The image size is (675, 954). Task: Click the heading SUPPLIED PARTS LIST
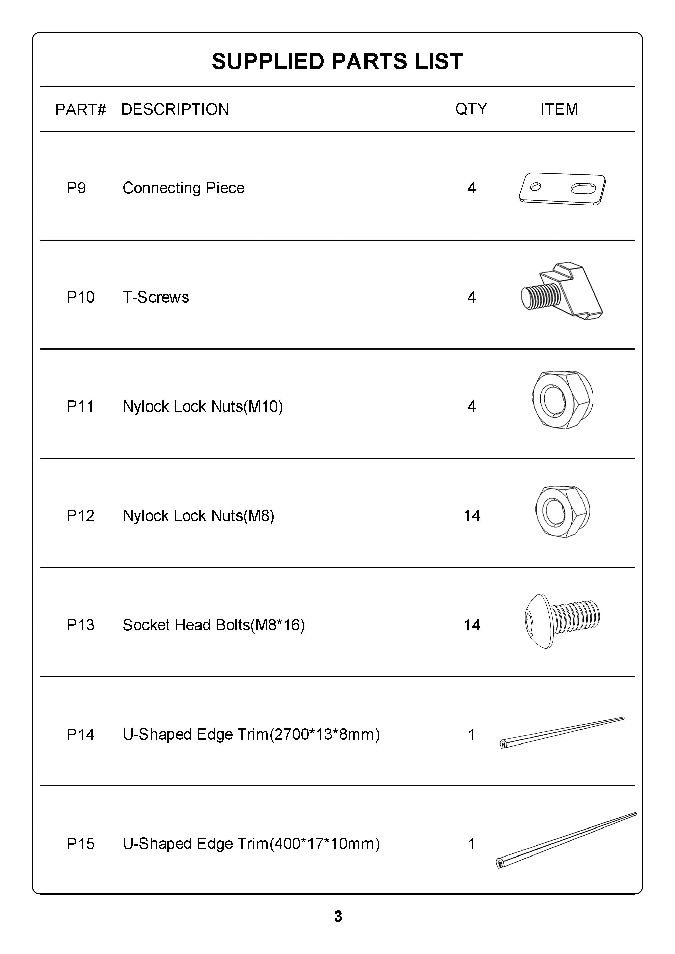point(337,61)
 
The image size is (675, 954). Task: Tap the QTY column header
point(471,109)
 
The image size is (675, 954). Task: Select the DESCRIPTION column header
point(175,109)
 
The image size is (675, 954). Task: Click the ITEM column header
point(559,109)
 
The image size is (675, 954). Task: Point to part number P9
point(77,188)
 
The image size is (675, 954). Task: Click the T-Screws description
point(156,297)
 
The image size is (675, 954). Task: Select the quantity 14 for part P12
point(472,516)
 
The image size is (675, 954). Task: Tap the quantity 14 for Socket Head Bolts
point(472,625)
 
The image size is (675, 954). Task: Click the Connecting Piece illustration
point(562,189)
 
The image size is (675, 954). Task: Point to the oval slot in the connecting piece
point(584,189)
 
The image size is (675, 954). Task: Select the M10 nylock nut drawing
point(562,400)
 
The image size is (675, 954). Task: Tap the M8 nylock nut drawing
point(562,511)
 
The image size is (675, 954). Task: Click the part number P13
point(81,625)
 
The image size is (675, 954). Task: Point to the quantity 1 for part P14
point(471,735)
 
